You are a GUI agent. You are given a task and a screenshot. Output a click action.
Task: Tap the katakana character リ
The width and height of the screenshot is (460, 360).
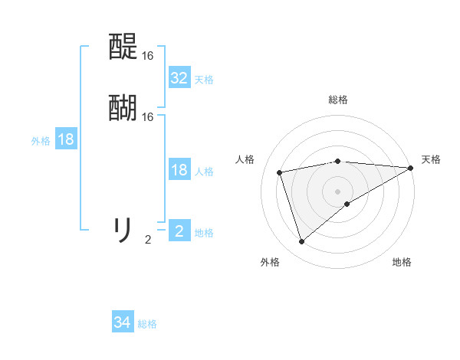tap(123, 229)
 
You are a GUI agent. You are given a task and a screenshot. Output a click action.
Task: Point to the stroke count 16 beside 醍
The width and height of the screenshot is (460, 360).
tap(148, 56)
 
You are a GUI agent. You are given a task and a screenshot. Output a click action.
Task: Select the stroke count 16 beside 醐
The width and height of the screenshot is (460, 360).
tap(148, 117)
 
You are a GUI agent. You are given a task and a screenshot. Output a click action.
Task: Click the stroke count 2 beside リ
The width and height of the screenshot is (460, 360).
tap(148, 240)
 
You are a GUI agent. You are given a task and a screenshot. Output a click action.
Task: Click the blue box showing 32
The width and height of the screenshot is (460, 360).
tap(179, 78)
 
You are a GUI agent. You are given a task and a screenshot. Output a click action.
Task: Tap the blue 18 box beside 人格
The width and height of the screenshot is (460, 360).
tap(179, 170)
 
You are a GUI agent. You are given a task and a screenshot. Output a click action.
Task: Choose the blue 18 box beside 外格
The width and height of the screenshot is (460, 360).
tap(66, 139)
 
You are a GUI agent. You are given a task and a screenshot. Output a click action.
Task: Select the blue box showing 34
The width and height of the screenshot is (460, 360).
tap(123, 323)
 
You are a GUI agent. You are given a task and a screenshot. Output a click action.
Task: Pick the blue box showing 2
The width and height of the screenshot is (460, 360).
tap(179, 231)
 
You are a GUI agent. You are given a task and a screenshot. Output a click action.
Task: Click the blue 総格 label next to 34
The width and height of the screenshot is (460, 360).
tap(147, 324)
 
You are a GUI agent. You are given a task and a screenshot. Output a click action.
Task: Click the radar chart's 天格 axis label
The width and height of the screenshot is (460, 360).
tap(431, 159)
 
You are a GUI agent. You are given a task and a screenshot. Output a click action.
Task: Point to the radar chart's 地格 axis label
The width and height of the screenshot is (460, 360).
tap(402, 262)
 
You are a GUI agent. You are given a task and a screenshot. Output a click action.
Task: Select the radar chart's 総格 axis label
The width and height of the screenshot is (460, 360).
tap(338, 100)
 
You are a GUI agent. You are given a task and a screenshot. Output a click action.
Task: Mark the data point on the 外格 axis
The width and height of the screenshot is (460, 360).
tap(301, 242)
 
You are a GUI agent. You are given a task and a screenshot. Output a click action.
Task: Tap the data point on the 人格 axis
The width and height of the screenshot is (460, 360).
tap(280, 172)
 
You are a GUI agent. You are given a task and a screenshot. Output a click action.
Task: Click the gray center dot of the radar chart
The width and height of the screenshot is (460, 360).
tap(338, 191)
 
